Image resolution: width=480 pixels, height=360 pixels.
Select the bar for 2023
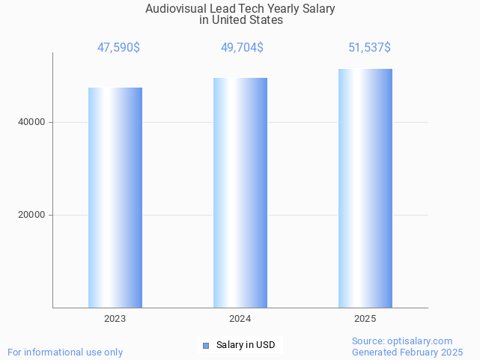click(x=115, y=198)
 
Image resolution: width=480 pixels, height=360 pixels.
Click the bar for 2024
click(x=240, y=192)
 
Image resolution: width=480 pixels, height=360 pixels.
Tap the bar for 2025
click(x=365, y=188)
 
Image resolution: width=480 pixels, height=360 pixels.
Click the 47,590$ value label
click(x=118, y=48)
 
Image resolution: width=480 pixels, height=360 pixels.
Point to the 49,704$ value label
click(x=242, y=48)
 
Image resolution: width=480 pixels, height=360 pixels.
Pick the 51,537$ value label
click(x=369, y=48)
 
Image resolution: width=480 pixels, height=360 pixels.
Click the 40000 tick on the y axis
click(x=31, y=122)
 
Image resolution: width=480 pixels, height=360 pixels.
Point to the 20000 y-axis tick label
click(x=31, y=215)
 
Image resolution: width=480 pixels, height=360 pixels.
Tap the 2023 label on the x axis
click(x=115, y=319)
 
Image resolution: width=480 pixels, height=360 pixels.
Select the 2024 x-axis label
click(x=240, y=319)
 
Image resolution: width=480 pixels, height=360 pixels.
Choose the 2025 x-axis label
click(x=365, y=319)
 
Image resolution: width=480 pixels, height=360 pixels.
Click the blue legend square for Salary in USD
click(x=206, y=345)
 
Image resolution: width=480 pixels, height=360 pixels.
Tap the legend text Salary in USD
click(x=246, y=345)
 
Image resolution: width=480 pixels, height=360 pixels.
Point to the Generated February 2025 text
click(x=407, y=352)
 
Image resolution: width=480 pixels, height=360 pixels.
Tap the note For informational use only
click(x=65, y=352)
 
